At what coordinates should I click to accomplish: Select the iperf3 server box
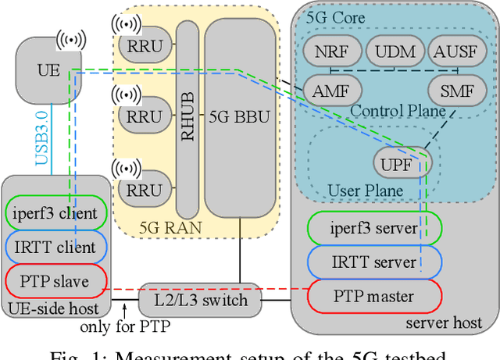(373, 228)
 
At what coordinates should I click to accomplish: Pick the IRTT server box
(373, 262)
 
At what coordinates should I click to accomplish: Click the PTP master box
(373, 296)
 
